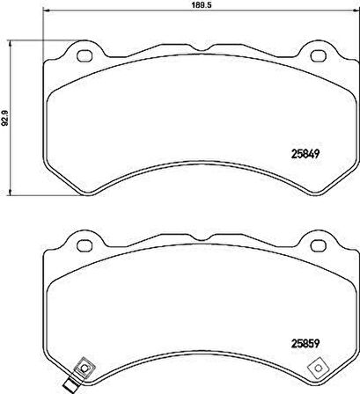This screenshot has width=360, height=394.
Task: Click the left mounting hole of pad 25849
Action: point(85,55)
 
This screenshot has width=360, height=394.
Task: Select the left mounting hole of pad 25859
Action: point(85,244)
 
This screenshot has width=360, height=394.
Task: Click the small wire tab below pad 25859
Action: point(73,383)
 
